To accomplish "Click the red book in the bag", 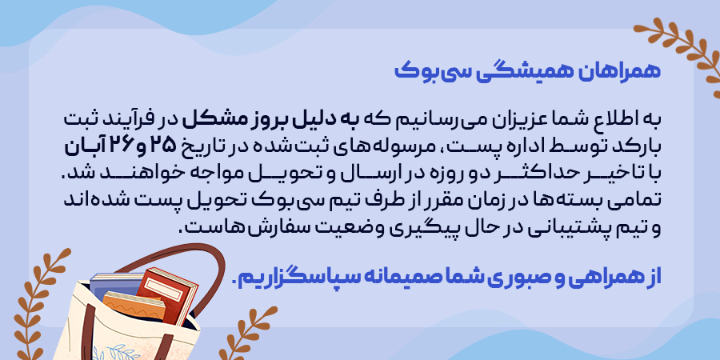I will [166, 295].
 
